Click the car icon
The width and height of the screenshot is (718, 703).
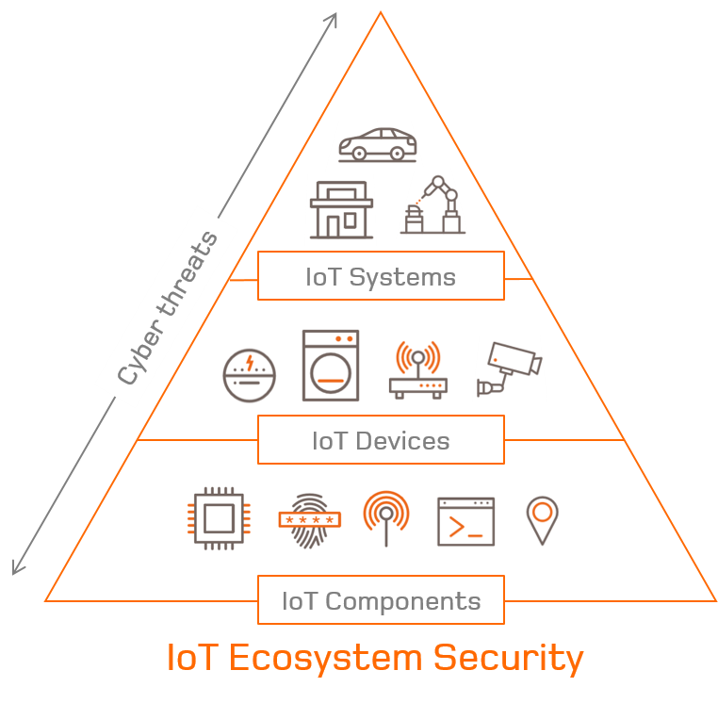coord(377,145)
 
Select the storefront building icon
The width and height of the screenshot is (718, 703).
coord(339,210)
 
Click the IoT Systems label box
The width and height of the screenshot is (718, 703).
coord(381,277)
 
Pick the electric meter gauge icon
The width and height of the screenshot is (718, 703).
coord(249,376)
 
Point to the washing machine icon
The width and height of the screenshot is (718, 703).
coord(332,364)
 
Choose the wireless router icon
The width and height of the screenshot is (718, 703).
coord(416,368)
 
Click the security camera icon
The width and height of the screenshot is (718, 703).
coord(509,368)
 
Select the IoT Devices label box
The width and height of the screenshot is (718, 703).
coord(381,440)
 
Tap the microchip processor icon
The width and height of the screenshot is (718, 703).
coord(220,517)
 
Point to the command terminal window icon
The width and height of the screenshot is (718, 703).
coord(465,519)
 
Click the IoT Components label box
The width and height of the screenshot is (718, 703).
coord(381,600)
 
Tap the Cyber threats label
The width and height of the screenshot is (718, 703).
coord(168,306)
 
